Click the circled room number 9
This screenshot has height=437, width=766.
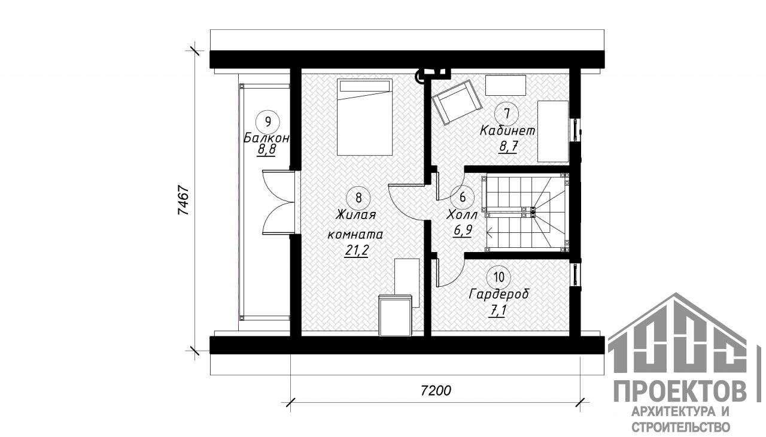coord(268,122)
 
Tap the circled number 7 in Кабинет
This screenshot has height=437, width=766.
coord(507,114)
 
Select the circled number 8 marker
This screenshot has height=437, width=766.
coord(358,198)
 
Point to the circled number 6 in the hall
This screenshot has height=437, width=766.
coord(463,198)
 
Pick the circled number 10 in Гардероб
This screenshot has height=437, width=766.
coord(499,277)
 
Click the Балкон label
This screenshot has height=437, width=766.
coord(266,138)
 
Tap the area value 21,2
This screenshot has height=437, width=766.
coord(356,251)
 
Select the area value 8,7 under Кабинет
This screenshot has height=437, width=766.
coord(508,147)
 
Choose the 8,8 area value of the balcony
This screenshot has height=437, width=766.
coord(266,150)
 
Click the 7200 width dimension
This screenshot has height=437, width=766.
coord(436,390)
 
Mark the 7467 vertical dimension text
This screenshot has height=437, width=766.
coord(183,201)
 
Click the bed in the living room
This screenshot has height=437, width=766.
coord(364,117)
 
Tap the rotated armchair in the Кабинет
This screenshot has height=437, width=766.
coord(457,102)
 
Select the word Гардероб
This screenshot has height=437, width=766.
coord(499,295)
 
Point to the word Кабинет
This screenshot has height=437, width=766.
coord(507,131)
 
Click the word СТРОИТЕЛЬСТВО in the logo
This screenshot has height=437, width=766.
coord(680,427)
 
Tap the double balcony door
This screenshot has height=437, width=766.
coord(278,203)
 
